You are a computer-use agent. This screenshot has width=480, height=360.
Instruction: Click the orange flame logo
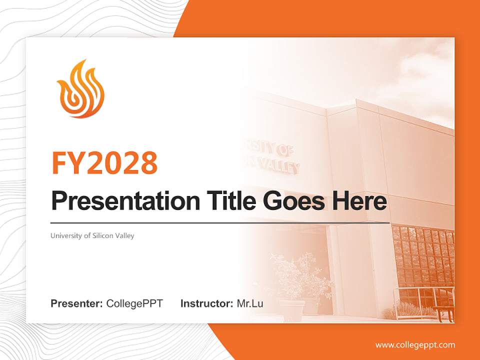point(80,89)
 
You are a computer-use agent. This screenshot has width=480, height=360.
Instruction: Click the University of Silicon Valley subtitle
point(92,235)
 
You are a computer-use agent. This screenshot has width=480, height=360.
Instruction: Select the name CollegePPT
point(134,303)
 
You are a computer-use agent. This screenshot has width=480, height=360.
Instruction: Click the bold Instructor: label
point(206,303)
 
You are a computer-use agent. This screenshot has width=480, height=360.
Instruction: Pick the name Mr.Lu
point(249,303)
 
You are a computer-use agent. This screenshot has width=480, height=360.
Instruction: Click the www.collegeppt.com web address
point(415,344)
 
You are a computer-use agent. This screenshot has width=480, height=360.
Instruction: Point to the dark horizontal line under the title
point(220,222)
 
